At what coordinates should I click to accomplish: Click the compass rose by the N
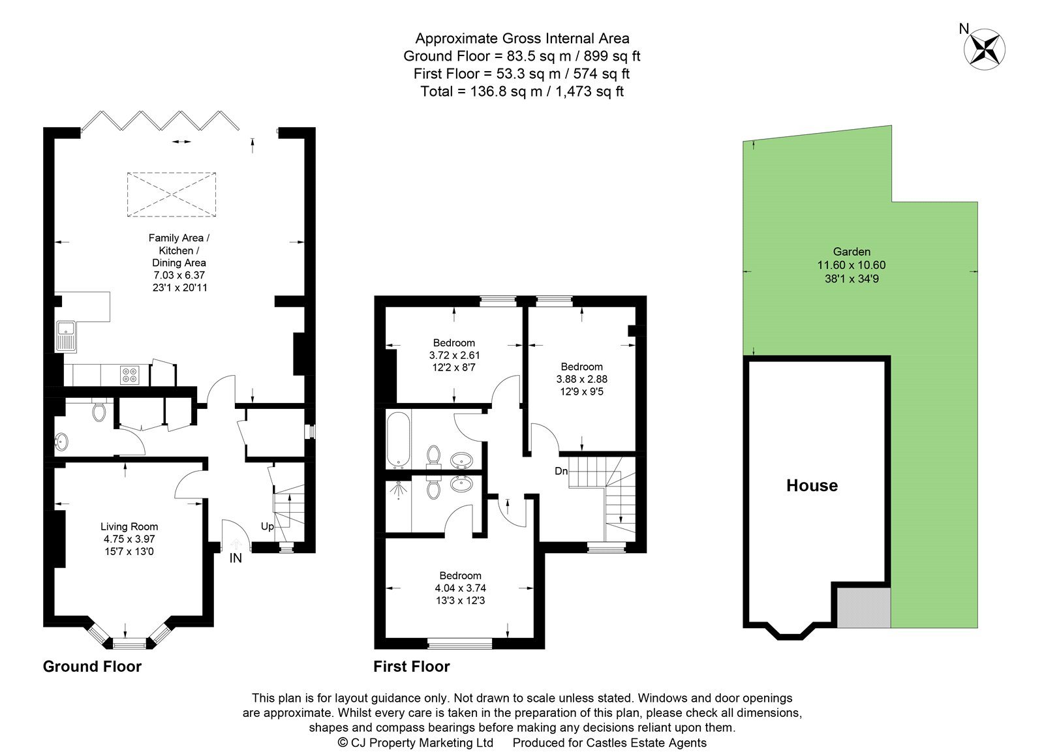[x=985, y=50]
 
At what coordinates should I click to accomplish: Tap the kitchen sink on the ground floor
[x=66, y=336]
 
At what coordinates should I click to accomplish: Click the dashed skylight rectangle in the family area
[x=172, y=194]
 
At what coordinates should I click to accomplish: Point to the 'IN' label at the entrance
[x=236, y=558]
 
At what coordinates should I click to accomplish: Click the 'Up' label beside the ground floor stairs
[x=268, y=526]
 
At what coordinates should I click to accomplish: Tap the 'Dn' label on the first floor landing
[x=561, y=471]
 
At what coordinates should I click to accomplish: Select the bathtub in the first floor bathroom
[x=396, y=439]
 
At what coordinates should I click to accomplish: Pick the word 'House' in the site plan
[x=812, y=485]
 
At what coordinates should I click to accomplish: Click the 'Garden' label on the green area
[x=852, y=252]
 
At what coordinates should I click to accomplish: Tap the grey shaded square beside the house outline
[x=863, y=607]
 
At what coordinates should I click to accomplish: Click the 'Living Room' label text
[x=129, y=526]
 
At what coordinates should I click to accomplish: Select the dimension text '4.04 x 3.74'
[x=460, y=588]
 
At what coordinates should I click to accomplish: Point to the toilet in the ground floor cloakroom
[x=99, y=412]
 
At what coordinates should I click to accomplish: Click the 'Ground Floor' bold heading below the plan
[x=92, y=667]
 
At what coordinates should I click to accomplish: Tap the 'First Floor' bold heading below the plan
[x=412, y=667]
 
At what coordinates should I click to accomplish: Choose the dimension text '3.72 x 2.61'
[x=454, y=355]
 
